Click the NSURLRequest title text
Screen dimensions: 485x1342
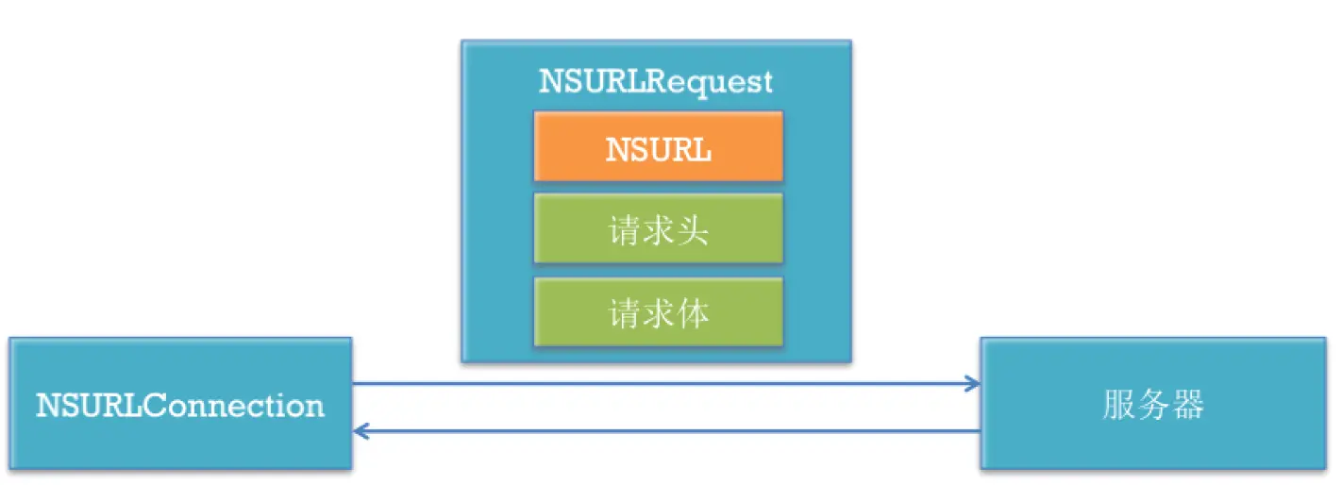[656, 81]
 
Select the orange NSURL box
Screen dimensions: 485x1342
[658, 146]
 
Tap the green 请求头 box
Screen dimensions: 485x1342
[658, 228]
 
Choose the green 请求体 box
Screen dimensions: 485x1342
[658, 311]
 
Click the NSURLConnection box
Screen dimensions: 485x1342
[180, 404]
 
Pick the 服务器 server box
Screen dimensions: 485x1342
[1152, 404]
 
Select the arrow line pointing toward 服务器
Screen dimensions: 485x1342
[661, 383]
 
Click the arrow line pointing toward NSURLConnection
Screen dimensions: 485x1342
[661, 431]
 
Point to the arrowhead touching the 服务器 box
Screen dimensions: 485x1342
[972, 383]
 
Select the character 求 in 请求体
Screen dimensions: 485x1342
[658, 312]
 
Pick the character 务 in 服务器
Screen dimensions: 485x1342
[1152, 405]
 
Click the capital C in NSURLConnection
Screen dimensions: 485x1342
[151, 406]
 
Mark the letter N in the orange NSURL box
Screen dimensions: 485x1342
[616, 149]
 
